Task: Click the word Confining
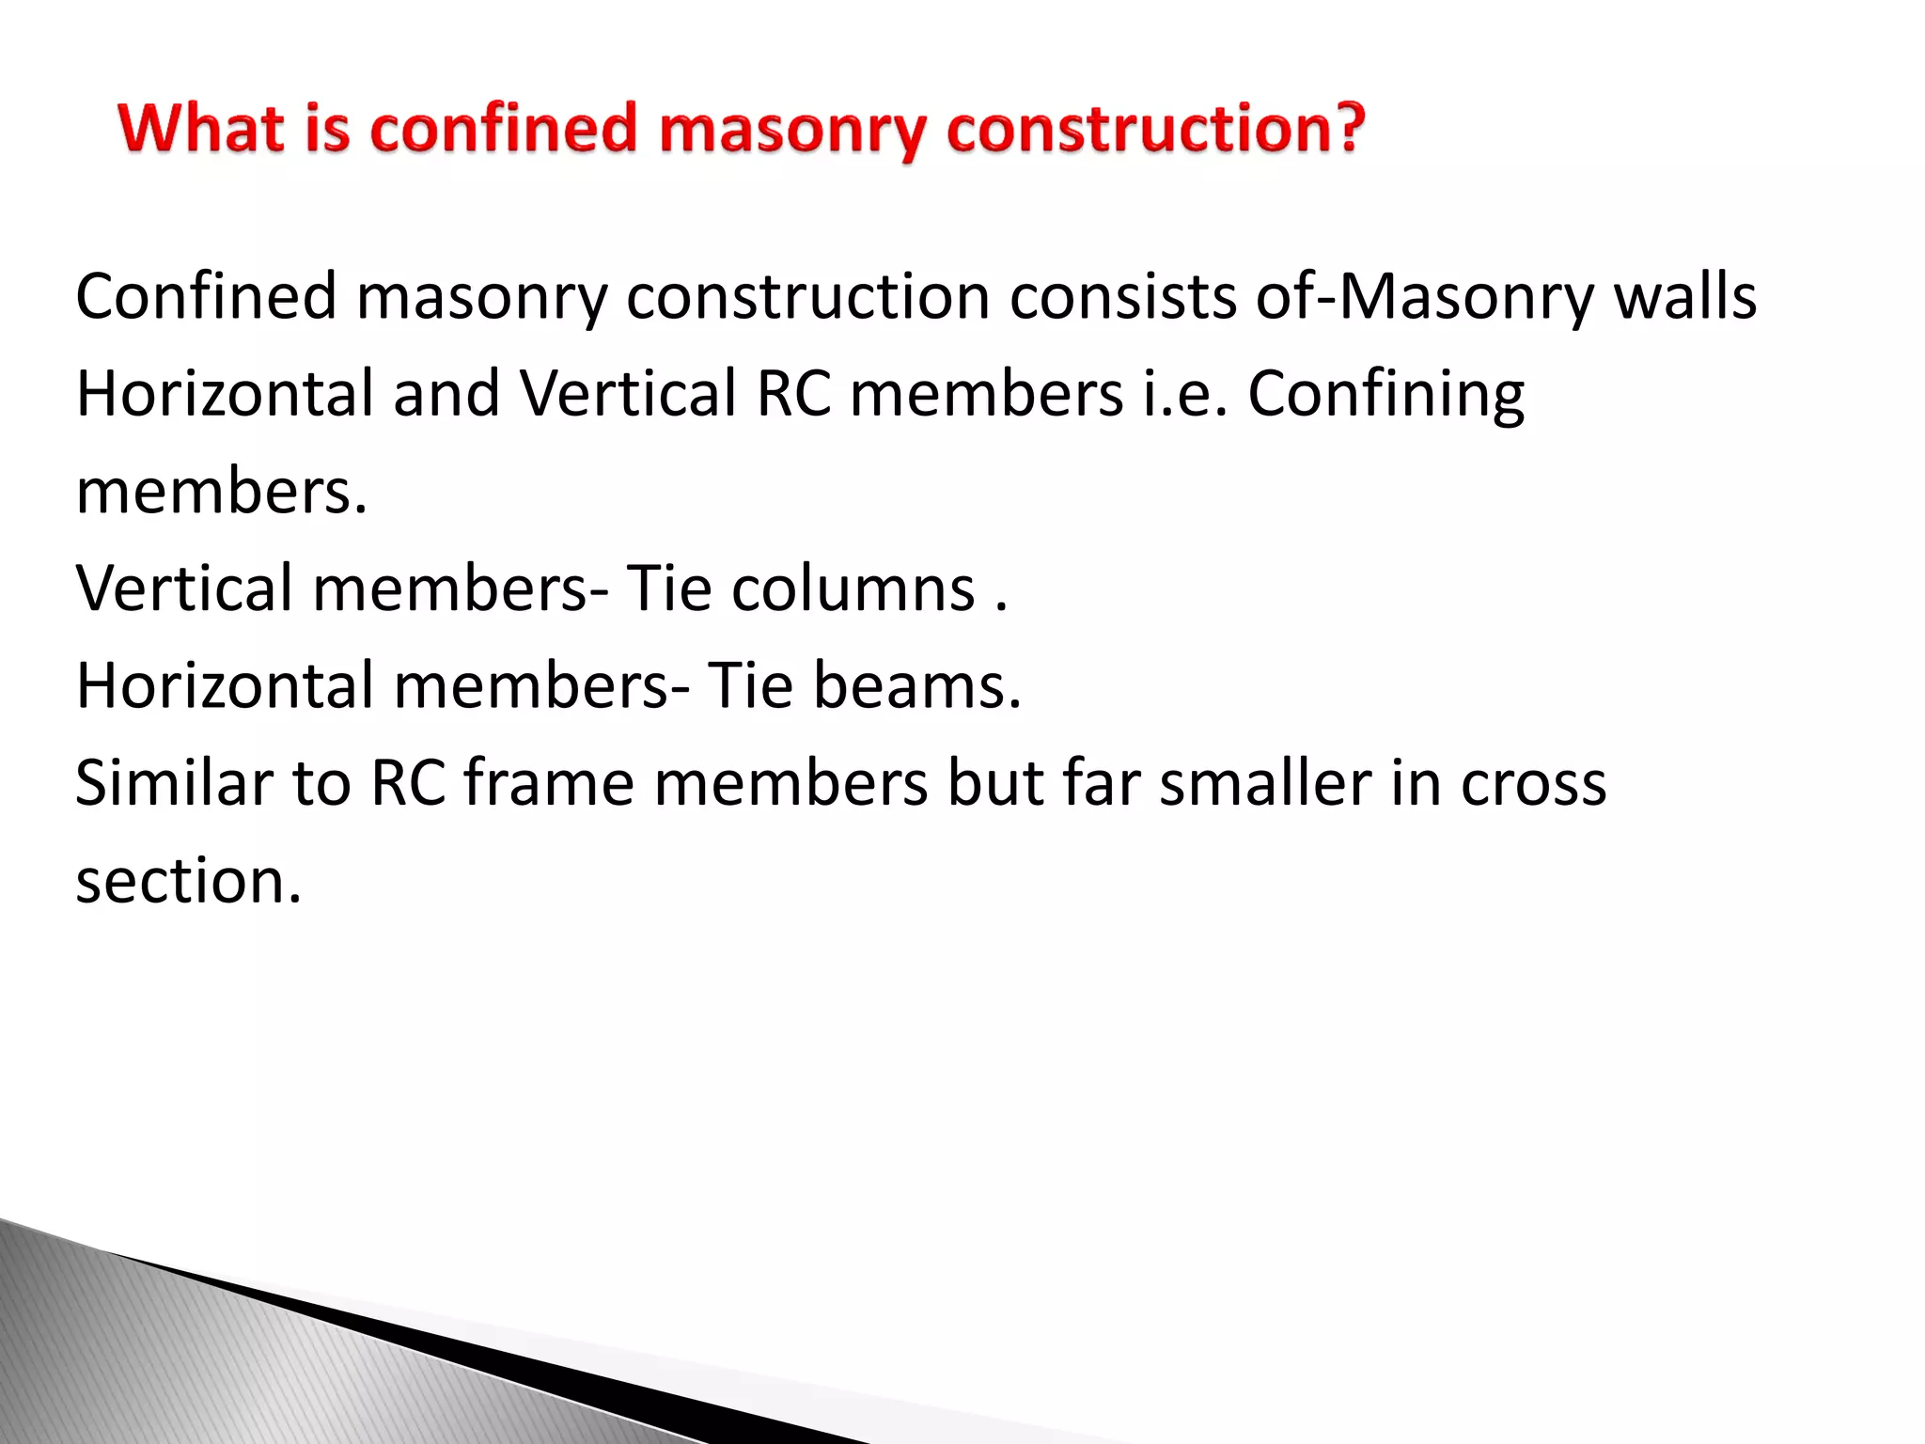point(1385,396)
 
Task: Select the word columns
point(853,589)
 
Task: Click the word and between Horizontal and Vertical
point(446,394)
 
